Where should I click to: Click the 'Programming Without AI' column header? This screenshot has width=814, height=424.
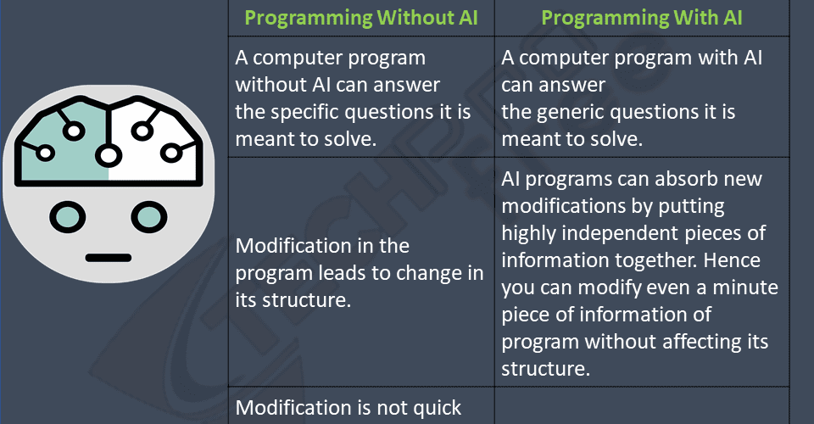point(361,18)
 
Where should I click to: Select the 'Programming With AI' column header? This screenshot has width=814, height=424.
point(642,18)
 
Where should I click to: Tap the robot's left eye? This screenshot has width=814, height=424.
point(68,217)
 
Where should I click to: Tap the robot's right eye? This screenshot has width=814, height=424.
point(149,217)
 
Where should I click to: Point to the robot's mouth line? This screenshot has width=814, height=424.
point(109,258)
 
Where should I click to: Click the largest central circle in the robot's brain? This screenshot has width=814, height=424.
point(108,154)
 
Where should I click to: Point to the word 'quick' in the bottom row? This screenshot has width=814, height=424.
point(438,409)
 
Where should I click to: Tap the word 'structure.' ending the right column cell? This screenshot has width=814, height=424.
point(545,369)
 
